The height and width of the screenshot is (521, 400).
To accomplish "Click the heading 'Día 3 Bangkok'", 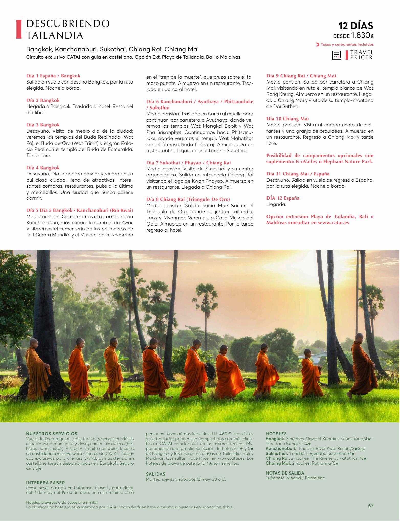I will point(43,125).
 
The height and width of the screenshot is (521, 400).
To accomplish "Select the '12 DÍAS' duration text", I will point(356,26).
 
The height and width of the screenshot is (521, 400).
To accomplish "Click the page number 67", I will point(371,506).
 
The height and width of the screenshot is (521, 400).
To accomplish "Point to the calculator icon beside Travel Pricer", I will point(337,55).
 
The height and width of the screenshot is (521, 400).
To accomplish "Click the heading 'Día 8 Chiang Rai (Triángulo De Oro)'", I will point(188,199).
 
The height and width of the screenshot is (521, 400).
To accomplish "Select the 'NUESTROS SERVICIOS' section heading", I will point(52,434).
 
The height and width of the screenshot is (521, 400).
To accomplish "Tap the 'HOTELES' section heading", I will point(276,434).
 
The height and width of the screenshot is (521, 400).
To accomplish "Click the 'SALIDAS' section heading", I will point(155,474).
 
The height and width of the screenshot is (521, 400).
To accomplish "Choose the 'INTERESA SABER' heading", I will point(46,483).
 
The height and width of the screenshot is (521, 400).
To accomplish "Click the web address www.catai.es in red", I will point(333,223).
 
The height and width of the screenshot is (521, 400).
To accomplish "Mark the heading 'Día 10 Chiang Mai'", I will point(287,119).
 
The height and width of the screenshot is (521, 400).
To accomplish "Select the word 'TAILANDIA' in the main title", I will point(55,35).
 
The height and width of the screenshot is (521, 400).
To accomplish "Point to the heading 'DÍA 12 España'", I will point(283,198).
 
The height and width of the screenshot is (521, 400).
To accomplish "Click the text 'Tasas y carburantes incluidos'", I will point(347,44).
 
